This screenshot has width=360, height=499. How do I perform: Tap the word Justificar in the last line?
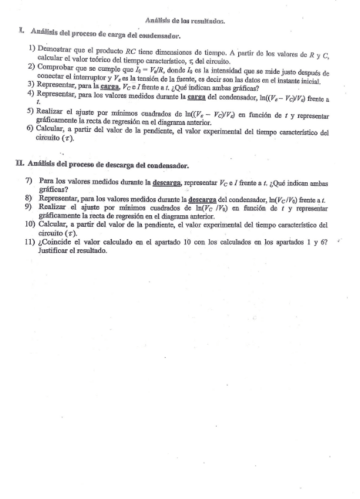coord(52,249)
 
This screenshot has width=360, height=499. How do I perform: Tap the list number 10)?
coord(31,224)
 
